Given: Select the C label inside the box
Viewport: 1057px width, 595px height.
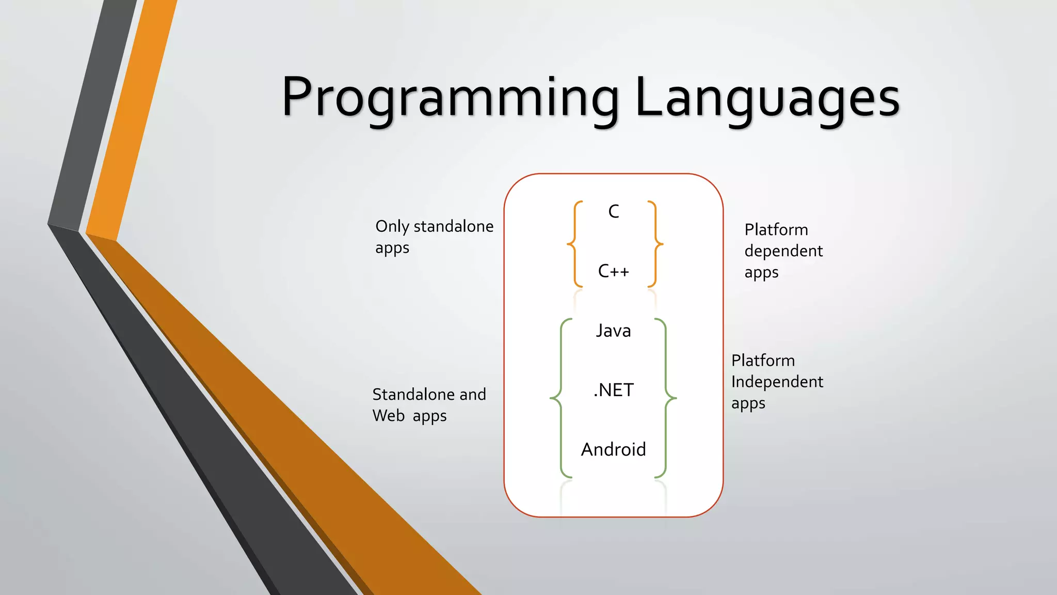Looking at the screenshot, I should point(613,212).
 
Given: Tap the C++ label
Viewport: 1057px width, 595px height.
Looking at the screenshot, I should point(613,271).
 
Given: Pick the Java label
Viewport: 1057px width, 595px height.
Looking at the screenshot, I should point(613,331).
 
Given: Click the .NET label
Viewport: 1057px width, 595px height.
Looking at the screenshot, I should point(613,390).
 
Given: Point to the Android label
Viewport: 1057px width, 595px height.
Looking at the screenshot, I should point(613,449).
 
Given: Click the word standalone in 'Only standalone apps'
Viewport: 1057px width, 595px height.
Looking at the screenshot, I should point(453,226).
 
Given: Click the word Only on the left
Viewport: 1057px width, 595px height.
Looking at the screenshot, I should point(392,227).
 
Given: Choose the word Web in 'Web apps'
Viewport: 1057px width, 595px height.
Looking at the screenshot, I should point(388,416).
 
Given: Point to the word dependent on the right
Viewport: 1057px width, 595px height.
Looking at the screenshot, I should point(783,252).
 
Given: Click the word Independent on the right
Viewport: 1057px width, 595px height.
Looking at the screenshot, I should point(777,382).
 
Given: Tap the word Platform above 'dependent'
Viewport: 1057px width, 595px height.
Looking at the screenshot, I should point(776,230).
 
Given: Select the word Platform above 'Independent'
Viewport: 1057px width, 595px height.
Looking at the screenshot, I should point(763,361).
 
